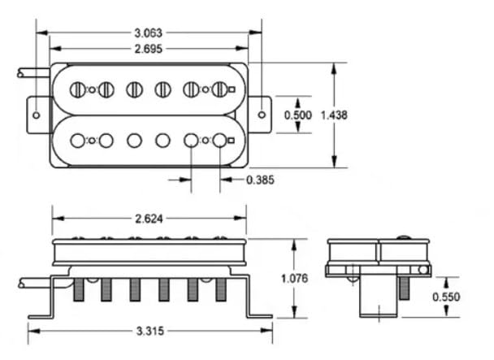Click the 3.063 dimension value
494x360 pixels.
point(149,33)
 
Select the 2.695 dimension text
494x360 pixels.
point(149,49)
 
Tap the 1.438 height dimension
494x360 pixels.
point(334,115)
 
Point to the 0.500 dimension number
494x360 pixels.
point(297,115)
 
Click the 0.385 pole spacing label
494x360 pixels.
point(260,180)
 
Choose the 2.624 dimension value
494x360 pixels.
point(149,219)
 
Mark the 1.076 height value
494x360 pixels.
point(294,279)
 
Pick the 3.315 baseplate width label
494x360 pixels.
point(150,331)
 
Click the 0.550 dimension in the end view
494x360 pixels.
point(446,297)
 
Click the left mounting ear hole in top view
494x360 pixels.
point(37,115)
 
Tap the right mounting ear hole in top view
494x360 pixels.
point(262,115)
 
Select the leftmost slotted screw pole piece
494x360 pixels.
point(77,90)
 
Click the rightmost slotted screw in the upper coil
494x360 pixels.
point(219,90)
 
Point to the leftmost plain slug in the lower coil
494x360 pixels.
point(77,141)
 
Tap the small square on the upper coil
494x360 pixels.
point(232,90)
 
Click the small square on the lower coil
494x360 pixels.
point(232,141)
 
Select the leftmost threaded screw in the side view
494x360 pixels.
point(79,289)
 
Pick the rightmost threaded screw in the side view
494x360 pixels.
point(221,289)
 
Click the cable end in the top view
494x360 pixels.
point(20,73)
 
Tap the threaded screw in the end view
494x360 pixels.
point(404,288)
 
